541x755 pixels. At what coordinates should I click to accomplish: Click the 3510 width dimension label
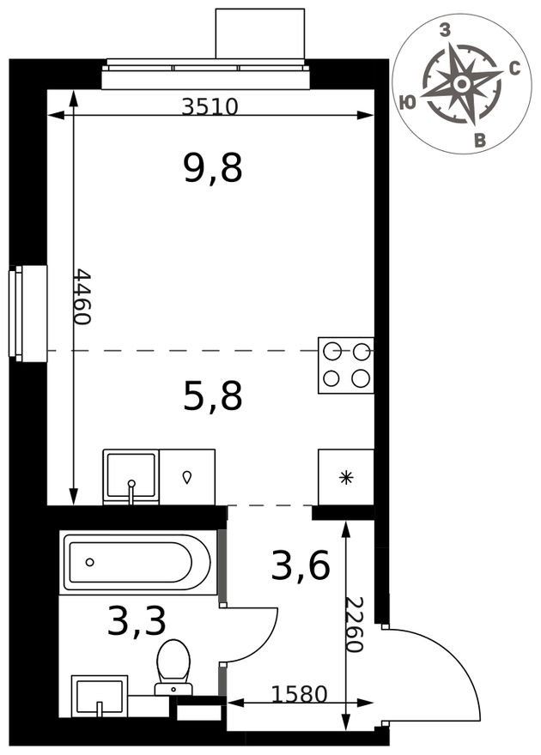210,106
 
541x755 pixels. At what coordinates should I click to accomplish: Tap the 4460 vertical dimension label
82,296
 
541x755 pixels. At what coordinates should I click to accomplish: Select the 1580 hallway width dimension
299,694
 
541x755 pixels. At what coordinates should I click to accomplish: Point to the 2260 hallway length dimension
354,624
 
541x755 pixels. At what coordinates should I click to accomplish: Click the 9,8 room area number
212,167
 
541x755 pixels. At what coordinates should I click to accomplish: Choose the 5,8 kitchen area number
212,396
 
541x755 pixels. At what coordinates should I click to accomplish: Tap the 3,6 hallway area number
301,565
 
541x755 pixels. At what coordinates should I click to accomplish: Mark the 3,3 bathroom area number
137,620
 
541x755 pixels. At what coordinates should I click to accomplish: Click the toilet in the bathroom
173,667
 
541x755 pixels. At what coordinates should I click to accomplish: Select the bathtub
137,562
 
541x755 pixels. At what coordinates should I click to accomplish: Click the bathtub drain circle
89,562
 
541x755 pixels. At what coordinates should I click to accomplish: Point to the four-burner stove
346,365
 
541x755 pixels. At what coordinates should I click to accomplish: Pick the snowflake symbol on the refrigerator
346,478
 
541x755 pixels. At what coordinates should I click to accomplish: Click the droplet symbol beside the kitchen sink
187,477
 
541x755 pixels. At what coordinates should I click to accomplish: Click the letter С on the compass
514,70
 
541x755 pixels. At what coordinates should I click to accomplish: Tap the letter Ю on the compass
408,102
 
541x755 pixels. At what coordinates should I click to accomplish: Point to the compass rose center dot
462,84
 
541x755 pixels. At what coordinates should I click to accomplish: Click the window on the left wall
28,313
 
